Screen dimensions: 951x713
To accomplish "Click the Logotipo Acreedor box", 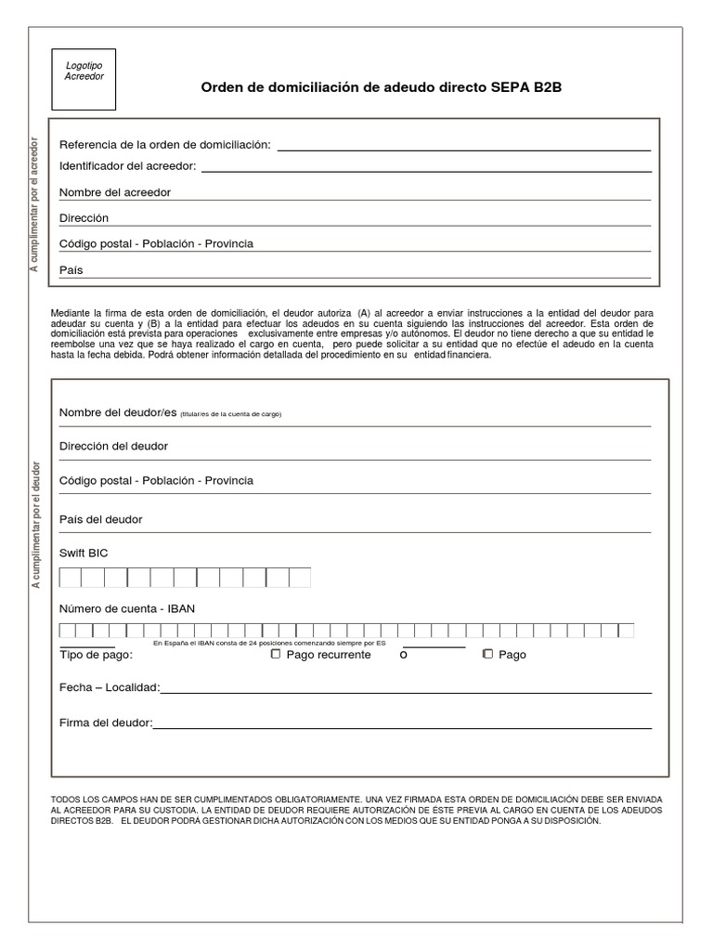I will [84, 79].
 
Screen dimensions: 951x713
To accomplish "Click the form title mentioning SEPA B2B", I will [382, 87].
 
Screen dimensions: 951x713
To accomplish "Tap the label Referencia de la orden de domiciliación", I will [165, 144].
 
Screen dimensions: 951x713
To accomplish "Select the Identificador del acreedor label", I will [128, 166].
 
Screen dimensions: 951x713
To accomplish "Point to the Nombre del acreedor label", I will [115, 192].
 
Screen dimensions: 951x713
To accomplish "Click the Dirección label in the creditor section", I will [84, 218].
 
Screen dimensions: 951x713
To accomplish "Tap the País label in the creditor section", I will [71, 270].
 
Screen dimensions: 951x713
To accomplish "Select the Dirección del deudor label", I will [113, 446].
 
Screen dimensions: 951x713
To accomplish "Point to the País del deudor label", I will [101, 519].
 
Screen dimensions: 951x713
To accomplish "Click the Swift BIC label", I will [84, 553].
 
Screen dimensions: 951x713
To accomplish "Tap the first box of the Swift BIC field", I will [71, 578].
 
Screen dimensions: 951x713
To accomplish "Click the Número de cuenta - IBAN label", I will [127, 608].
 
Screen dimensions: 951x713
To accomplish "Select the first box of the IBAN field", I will [67, 631].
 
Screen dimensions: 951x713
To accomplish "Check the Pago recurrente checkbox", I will [276, 654].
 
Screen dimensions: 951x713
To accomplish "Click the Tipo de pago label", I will [96, 656].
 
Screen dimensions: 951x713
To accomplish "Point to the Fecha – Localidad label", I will [110, 688].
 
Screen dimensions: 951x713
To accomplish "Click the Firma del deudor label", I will [106, 723].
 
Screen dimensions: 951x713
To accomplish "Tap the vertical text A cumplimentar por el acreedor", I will [35, 206].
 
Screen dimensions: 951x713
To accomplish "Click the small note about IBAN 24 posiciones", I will [269, 643].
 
